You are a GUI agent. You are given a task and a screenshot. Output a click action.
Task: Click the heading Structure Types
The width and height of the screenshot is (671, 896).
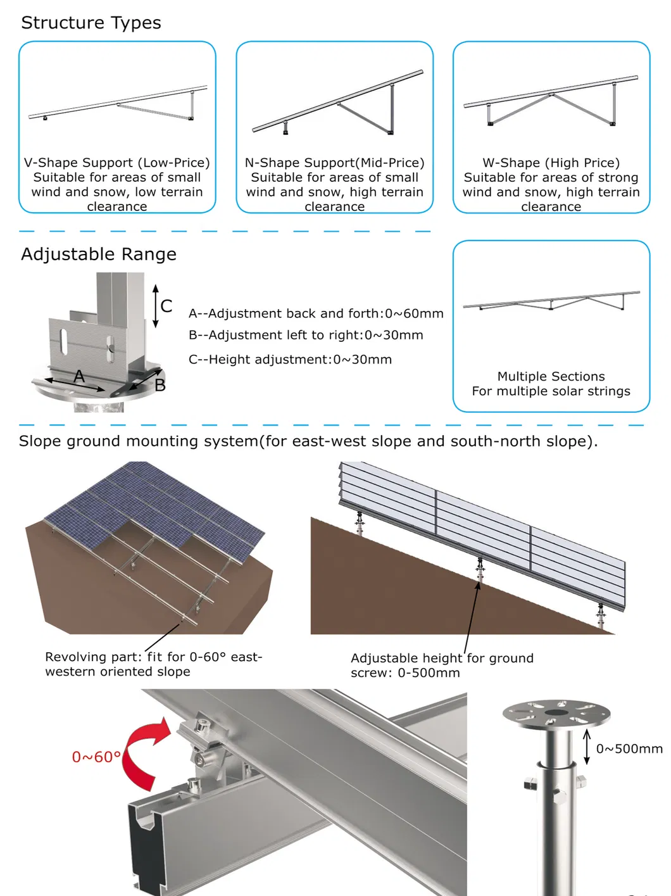(x=91, y=23)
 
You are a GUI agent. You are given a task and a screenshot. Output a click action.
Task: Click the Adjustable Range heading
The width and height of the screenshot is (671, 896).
(x=99, y=255)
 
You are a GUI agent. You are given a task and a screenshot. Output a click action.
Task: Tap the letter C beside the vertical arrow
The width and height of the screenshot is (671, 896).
(x=166, y=306)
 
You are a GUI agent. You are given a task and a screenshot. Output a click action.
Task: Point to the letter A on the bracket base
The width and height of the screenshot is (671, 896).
(x=79, y=376)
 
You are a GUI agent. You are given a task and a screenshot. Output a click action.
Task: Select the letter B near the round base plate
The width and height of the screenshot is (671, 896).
(x=160, y=385)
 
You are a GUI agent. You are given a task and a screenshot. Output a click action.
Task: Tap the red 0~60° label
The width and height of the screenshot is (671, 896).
(x=97, y=757)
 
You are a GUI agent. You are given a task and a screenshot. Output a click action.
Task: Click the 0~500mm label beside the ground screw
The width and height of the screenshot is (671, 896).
(x=629, y=748)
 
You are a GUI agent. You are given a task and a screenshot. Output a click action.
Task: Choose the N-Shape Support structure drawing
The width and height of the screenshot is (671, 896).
(x=338, y=103)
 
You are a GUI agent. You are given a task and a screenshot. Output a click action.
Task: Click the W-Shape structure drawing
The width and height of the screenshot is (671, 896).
(x=551, y=101)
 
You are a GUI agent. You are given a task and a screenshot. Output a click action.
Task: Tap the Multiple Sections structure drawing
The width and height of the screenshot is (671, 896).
(x=551, y=301)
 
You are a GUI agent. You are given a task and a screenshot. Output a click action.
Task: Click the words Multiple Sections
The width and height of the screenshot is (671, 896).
(x=551, y=376)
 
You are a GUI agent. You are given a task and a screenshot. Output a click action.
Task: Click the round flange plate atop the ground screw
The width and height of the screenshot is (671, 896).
(x=556, y=714)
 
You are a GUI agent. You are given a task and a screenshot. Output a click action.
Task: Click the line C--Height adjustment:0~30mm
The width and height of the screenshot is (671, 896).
(x=290, y=360)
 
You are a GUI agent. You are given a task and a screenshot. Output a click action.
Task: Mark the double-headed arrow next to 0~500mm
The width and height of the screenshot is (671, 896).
(x=587, y=747)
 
